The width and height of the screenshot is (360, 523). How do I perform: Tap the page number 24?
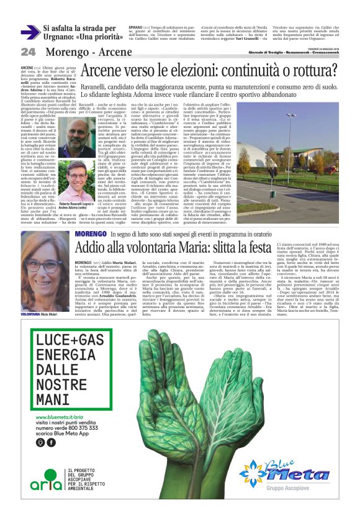(x=28, y=52)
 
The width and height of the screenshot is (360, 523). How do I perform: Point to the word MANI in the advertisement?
(x=54, y=384)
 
